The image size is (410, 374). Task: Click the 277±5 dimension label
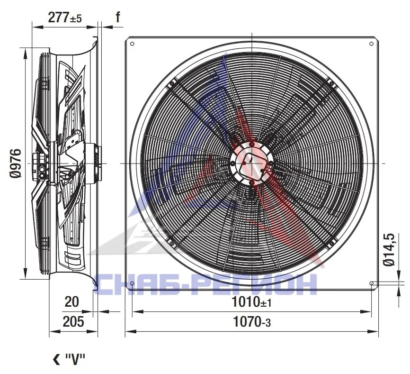point(65,18)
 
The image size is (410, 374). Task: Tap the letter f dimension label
point(118,17)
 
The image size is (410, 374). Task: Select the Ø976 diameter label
point(16,164)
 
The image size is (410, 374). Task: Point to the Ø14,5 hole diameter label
point(389,249)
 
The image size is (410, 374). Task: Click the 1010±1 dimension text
point(251,302)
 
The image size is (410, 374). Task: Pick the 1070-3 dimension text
point(251,322)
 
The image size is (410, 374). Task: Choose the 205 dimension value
point(73,321)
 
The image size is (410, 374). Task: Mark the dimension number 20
point(71,302)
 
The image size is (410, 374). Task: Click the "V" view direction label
point(75,359)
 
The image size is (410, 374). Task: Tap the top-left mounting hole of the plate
point(132,44)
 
